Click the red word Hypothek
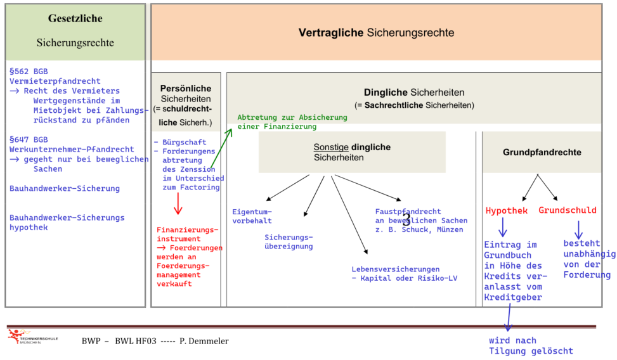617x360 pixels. pyautogui.click(x=507, y=210)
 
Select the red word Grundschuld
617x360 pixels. pyautogui.click(x=568, y=210)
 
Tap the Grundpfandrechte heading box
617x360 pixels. pyautogui.click(x=542, y=152)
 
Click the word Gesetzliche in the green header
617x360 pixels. pyautogui.click(x=75, y=18)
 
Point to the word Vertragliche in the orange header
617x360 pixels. pyautogui.click(x=330, y=33)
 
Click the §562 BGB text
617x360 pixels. pyautogui.click(x=29, y=71)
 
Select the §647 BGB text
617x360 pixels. pyautogui.click(x=29, y=139)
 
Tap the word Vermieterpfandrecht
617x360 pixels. pyautogui.click(x=55, y=81)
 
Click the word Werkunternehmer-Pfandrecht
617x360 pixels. pyautogui.click(x=72, y=149)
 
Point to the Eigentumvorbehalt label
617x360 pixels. pyautogui.click(x=252, y=216)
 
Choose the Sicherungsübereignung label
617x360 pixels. pyautogui.click(x=289, y=241)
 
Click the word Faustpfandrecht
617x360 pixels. pyautogui.click(x=408, y=211)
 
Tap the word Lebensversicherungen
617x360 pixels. pyautogui.click(x=396, y=269)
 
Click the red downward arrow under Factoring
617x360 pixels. pyautogui.click(x=178, y=203)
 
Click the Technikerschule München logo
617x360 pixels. pyautogui.click(x=33, y=337)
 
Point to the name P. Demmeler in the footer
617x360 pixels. pyautogui.click(x=204, y=341)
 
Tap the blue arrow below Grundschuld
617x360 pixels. pyautogui.click(x=578, y=230)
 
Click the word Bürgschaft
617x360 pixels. pyautogui.click(x=184, y=142)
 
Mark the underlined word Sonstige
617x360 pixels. pyautogui.click(x=331, y=147)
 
